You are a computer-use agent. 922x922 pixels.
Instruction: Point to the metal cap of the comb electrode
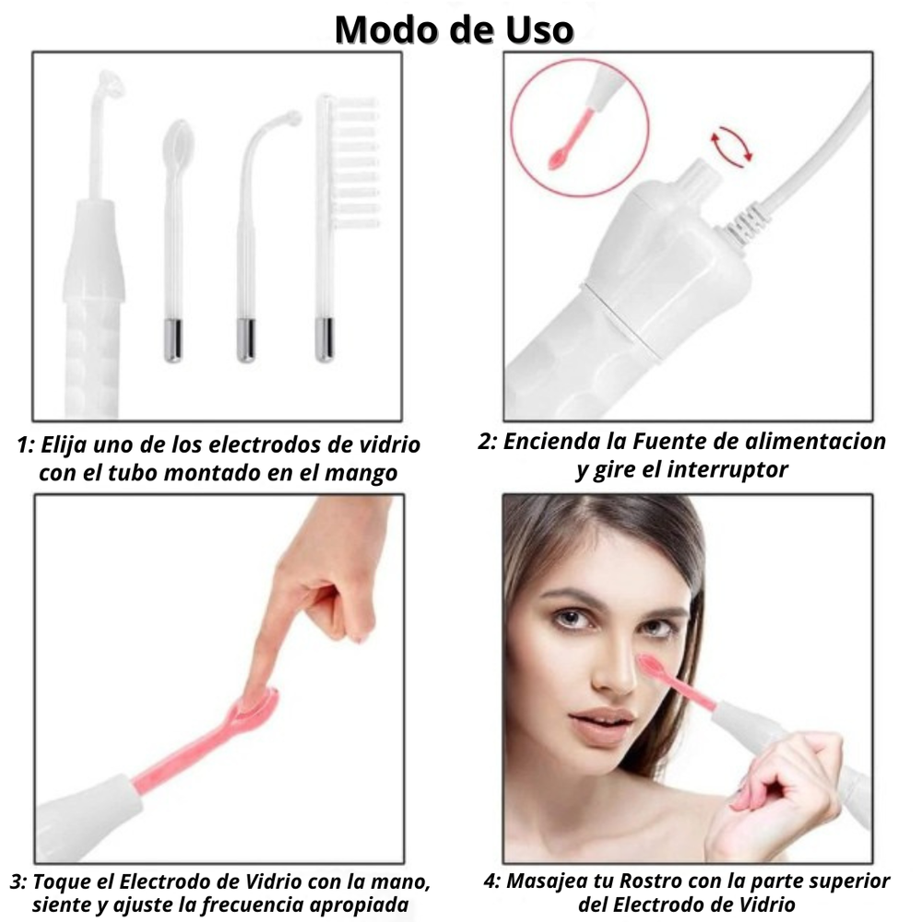pyautogui.click(x=325, y=339)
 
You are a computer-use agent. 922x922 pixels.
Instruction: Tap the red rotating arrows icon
pyautogui.click(x=730, y=147)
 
